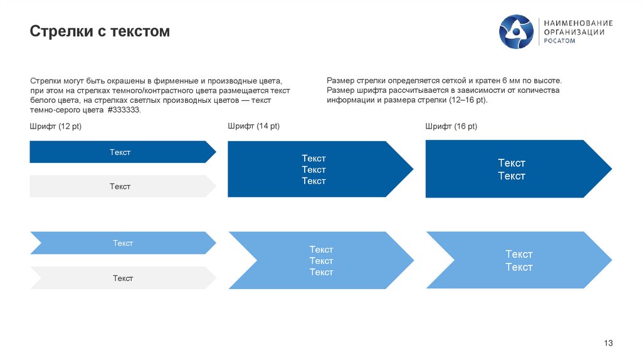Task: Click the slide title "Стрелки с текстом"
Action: click(100, 31)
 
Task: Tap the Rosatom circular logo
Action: click(517, 32)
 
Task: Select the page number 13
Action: click(608, 343)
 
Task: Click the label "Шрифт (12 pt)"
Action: click(56, 127)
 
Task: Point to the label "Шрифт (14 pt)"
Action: click(253, 126)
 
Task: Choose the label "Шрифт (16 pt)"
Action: click(451, 126)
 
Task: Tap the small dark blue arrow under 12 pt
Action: click(119, 152)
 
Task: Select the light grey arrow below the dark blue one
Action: click(119, 186)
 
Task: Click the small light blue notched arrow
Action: click(123, 243)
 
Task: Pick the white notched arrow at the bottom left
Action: click(123, 278)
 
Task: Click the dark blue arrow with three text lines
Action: click(313, 169)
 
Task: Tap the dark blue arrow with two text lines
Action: click(511, 169)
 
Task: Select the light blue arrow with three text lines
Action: click(321, 260)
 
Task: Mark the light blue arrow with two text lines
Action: click(518, 260)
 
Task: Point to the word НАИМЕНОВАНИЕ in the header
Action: click(577, 23)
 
